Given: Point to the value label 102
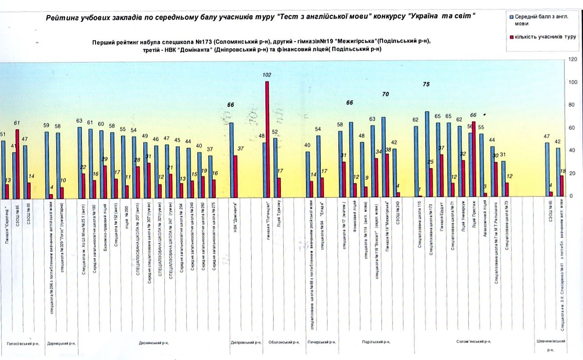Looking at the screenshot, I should pyautogui.click(x=267, y=75).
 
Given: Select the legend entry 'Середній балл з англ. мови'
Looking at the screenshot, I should pyautogui.click(x=540, y=20).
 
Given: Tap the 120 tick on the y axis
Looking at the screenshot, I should pyautogui.click(x=572, y=59).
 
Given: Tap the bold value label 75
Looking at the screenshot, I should pyautogui.click(x=426, y=85).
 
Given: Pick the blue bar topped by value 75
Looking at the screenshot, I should pyautogui.click(x=427, y=154).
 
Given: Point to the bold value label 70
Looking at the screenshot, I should pyautogui.click(x=385, y=94).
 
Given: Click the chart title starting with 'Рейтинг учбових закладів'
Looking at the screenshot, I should pyautogui.click(x=260, y=17).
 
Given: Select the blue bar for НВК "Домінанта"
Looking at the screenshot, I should pyautogui.click(x=231, y=160).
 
